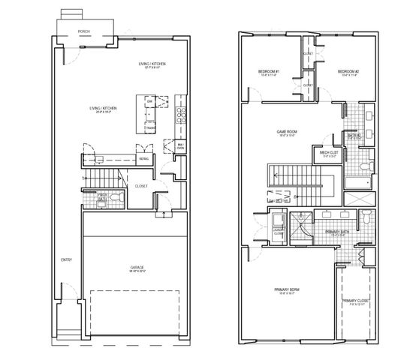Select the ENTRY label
pyautogui.click(x=65, y=260)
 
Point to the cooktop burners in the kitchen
pyautogui.click(x=179, y=115)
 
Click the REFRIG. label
pyautogui.click(x=143, y=159)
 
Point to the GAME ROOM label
pyautogui.click(x=288, y=132)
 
